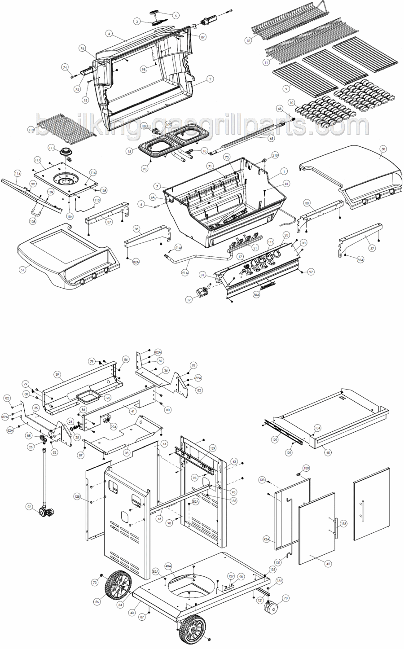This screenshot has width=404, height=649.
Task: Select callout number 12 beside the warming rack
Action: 247,40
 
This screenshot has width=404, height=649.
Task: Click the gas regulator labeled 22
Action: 46,511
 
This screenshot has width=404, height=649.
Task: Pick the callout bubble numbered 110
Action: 31,130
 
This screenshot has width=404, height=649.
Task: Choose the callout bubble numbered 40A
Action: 168,566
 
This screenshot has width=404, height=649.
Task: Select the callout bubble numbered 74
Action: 65,67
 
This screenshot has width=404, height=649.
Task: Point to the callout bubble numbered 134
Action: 317,428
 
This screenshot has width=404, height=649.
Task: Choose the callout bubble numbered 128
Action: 78,496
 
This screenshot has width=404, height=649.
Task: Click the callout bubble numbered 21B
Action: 275,155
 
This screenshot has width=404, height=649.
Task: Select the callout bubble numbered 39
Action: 57,374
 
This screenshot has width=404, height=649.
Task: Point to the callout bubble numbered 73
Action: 95,583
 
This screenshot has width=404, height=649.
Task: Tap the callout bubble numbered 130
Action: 306,468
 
